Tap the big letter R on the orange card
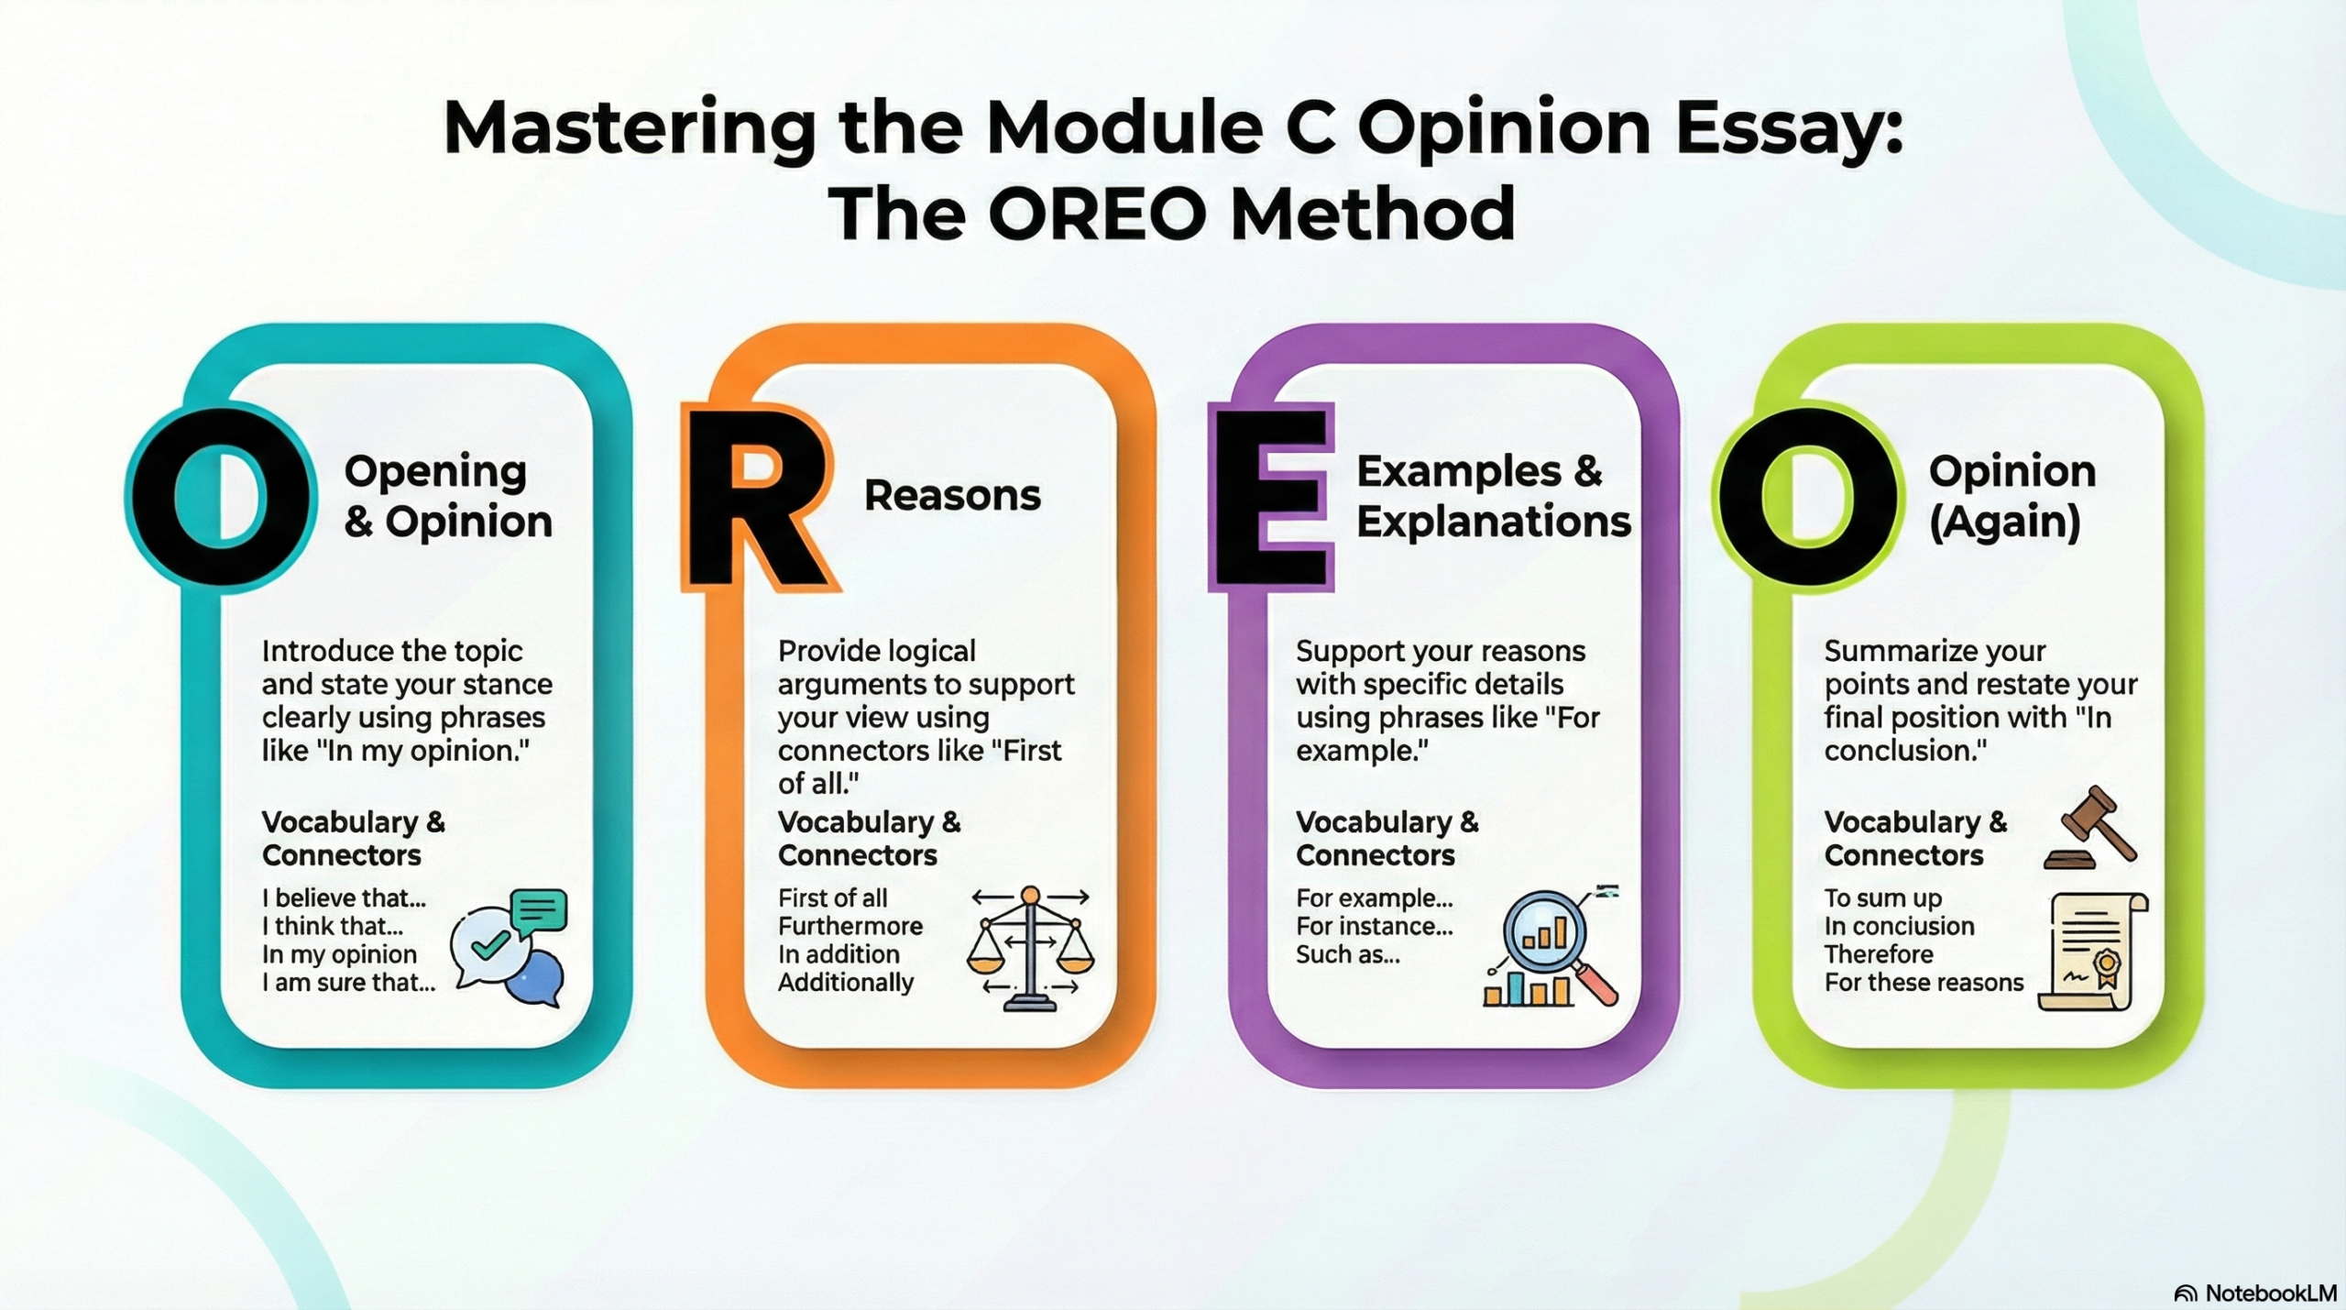click(759, 496)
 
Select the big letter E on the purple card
click(1271, 496)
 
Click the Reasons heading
click(952, 495)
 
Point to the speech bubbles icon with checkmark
click(509, 947)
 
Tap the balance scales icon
click(1030, 947)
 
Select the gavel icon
click(2090, 828)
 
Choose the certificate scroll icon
click(2093, 952)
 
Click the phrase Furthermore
click(850, 926)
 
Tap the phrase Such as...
click(1347, 954)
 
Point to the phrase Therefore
click(1879, 954)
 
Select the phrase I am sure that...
click(348, 983)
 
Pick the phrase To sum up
click(1883, 898)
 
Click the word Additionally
click(846, 983)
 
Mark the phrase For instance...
click(1374, 926)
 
